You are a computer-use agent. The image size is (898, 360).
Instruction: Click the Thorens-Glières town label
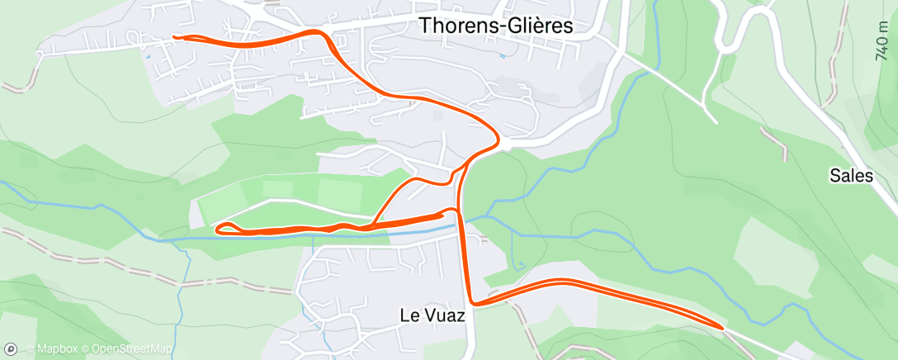point(496,26)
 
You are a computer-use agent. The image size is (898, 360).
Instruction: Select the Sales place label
point(851,175)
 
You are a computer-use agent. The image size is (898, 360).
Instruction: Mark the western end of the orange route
point(174,36)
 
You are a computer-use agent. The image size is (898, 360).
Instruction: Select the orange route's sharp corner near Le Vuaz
point(470,303)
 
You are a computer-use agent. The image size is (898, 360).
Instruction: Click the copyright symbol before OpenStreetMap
point(86,349)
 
